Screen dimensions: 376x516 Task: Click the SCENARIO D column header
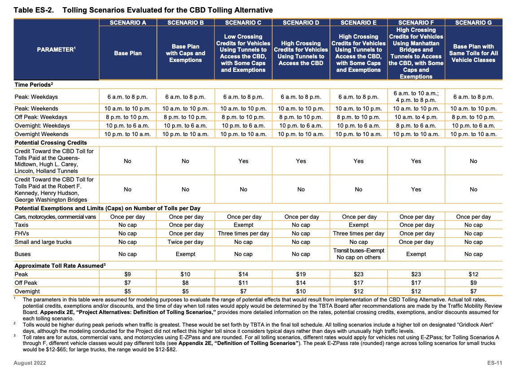point(301,22)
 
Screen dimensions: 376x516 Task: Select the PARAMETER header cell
point(56,49)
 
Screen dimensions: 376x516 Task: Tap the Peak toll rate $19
point(301,274)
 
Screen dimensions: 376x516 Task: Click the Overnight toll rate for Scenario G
point(473,291)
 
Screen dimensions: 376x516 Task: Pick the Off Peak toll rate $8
point(185,283)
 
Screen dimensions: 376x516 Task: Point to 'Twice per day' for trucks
point(185,242)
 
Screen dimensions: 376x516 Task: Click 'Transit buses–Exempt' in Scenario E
point(358,250)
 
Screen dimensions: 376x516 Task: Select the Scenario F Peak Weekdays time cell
point(416,96)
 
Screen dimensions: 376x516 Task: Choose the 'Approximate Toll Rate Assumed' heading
point(60,265)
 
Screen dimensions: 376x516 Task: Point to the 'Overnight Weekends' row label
point(42,134)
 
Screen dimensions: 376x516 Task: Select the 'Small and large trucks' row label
point(43,242)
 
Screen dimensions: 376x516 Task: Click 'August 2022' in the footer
point(29,362)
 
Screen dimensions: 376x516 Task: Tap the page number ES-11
point(494,362)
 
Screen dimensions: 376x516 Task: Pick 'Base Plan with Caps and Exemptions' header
point(185,53)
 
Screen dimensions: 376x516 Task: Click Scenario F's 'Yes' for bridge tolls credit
point(416,189)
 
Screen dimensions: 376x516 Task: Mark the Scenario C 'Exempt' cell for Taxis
point(243,225)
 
